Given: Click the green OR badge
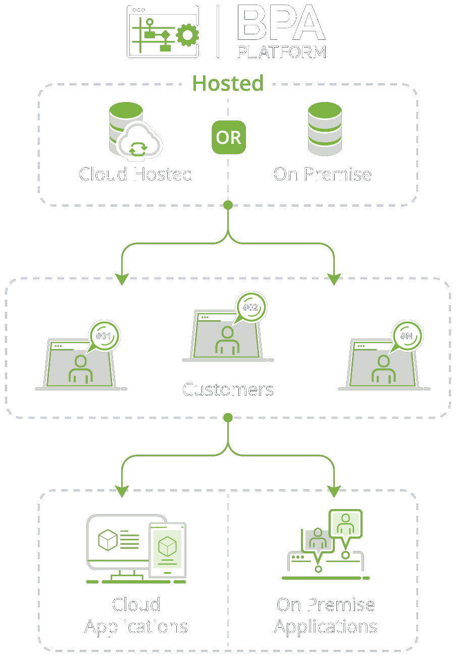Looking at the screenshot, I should pyautogui.click(x=228, y=137).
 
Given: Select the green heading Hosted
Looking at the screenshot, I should pyautogui.click(x=228, y=83).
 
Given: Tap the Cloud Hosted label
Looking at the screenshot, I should pyautogui.click(x=136, y=174).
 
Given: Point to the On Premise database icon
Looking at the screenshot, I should pyautogui.click(x=325, y=129).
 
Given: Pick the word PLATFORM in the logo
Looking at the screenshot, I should pyautogui.click(x=281, y=52).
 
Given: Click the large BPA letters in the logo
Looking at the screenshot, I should pyautogui.click(x=280, y=24).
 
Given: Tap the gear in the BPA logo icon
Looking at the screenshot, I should pyautogui.click(x=187, y=35).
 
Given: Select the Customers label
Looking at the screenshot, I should pyautogui.click(x=228, y=390).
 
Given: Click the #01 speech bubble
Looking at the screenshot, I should pyautogui.click(x=105, y=336).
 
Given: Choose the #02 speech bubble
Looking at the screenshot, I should pyautogui.click(x=251, y=307).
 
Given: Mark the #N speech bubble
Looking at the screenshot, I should pyautogui.click(x=408, y=336).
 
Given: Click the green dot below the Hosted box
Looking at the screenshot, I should pyautogui.click(x=228, y=205).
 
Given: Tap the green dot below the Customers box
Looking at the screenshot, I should pyautogui.click(x=228, y=418).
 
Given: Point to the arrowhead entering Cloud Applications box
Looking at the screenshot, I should pyautogui.click(x=122, y=490).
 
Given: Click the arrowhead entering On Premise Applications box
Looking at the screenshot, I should pyautogui.click(x=334, y=490).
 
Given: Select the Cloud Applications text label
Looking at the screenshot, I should pyautogui.click(x=136, y=616).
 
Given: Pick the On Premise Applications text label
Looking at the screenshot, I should pyautogui.click(x=326, y=616).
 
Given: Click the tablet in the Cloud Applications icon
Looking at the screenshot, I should pyautogui.click(x=167, y=550).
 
